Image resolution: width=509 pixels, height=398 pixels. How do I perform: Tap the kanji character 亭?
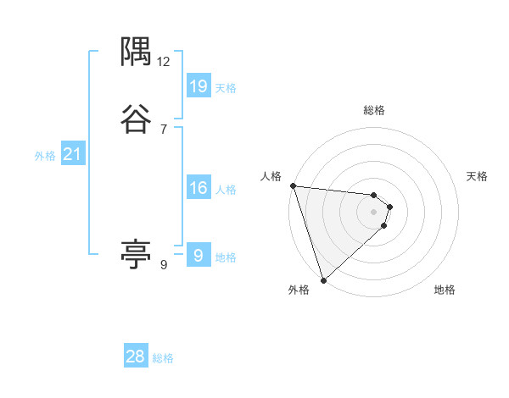(136, 253)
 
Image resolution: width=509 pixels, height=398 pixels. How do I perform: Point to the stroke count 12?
(164, 62)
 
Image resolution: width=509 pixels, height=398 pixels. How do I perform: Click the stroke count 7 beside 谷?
(164, 129)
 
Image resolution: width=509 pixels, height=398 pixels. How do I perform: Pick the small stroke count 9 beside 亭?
(164, 265)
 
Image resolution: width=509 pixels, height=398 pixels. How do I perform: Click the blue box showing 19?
(199, 86)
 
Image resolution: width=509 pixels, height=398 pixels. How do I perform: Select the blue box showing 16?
(199, 188)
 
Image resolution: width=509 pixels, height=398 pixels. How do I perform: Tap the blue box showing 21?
(73, 154)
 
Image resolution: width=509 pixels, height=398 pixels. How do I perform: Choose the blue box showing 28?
(136, 357)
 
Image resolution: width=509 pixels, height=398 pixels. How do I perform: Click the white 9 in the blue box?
(199, 255)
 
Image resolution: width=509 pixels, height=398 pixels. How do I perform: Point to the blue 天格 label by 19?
(226, 87)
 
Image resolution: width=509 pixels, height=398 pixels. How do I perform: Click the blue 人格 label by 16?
(226, 190)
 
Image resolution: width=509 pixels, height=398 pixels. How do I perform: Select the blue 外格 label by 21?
(45, 156)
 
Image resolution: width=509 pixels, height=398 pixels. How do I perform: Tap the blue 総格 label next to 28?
(163, 358)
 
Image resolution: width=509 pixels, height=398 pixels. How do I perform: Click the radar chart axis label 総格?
(374, 110)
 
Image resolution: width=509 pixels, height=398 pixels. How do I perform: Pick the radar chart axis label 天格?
(478, 176)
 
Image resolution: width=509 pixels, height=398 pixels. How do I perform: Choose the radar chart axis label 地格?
(445, 290)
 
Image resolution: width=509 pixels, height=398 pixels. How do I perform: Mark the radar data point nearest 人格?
(293, 185)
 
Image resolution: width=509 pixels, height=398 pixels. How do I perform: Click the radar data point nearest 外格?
(323, 279)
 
